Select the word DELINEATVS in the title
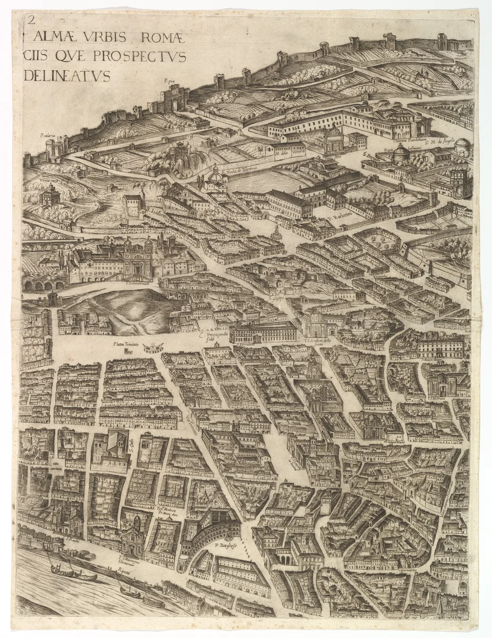pyautogui.click(x=66, y=76)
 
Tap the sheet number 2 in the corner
pyautogui.click(x=31, y=20)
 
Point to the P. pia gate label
pyautogui.click(x=169, y=81)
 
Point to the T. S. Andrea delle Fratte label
pyautogui.click(x=320, y=341)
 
